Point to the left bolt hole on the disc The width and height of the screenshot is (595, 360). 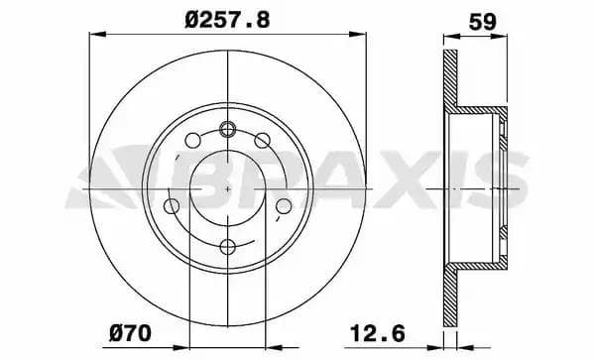pos(173,206)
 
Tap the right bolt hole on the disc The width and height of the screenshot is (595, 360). pos(282,206)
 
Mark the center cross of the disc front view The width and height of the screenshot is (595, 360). pos(227,187)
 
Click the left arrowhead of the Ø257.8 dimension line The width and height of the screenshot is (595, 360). pos(95,35)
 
